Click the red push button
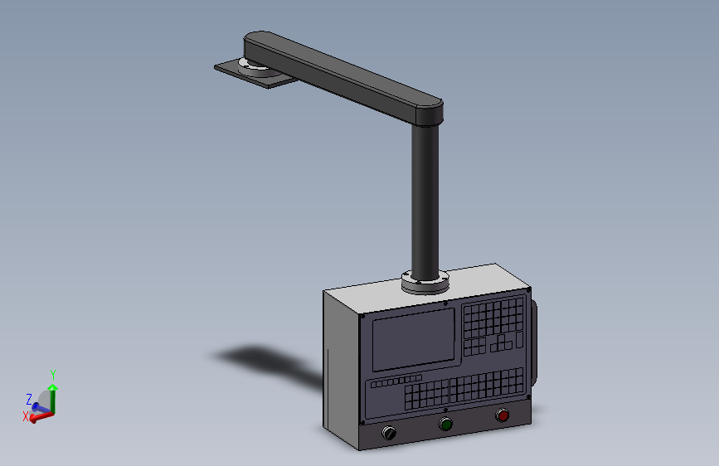pyautogui.click(x=503, y=415)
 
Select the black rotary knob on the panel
pyautogui.click(x=389, y=433)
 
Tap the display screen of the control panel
pyautogui.click(x=414, y=339)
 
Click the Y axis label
pyautogui.click(x=53, y=375)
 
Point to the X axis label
pyautogui.click(x=26, y=416)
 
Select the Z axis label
pyautogui.click(x=29, y=399)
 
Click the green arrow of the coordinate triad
pyautogui.click(x=53, y=398)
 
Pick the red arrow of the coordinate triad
pyautogui.click(x=41, y=417)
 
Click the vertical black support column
pyautogui.click(x=425, y=201)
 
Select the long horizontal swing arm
pyautogui.click(x=343, y=77)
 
